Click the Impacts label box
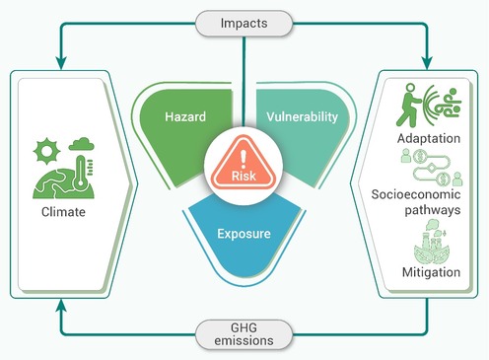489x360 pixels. (244, 24)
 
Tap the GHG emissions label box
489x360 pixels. (244, 334)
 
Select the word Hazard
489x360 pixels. (185, 116)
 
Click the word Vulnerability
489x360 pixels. (302, 117)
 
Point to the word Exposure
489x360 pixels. (244, 234)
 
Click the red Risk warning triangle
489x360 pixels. (244, 164)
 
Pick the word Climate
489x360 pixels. (63, 212)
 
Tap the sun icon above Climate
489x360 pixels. (46, 151)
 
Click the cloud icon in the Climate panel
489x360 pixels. (82, 144)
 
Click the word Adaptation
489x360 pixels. (429, 138)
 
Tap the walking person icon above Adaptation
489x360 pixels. (409, 106)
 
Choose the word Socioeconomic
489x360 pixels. (416, 194)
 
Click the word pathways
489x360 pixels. (433, 210)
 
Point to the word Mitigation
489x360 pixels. (431, 272)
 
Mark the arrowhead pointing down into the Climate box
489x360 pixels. (61, 62)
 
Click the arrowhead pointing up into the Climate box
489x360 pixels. (61, 306)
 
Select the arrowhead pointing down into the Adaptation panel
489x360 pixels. (427, 62)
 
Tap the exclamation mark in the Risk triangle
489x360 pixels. (244, 158)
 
